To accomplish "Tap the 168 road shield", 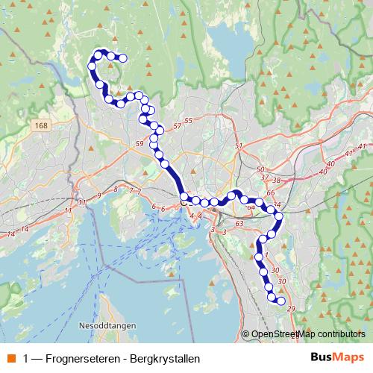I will [41, 128].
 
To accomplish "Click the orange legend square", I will [12, 359].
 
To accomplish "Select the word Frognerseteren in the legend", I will [80, 359].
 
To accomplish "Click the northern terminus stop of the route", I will [123, 58].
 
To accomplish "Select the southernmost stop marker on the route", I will [281, 301].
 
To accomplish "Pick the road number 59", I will [140, 142].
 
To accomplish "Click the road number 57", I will [177, 127].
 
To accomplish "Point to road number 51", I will [239, 146].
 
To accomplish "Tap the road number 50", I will [260, 170].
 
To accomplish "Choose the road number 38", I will [276, 180].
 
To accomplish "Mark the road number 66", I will [270, 193].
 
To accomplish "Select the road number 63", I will [239, 223].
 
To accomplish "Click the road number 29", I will [291, 309].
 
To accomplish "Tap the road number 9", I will [98, 195].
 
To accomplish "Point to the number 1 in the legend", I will [27, 359].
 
